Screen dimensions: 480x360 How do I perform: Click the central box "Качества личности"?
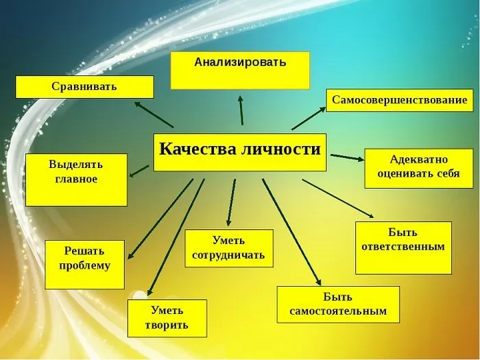[240, 152]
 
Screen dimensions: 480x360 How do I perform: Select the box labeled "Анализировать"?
[240, 71]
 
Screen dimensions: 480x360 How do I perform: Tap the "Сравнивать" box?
[84, 87]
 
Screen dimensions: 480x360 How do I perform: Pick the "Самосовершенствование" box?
[400, 100]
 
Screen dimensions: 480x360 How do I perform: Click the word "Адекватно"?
[419, 160]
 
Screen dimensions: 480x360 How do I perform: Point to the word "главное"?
[76, 179]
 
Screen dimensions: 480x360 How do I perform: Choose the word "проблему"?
[84, 265]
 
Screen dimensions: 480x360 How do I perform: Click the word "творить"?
[167, 324]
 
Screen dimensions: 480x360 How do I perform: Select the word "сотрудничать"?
[228, 255]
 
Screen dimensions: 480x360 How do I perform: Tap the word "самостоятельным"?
[338, 311]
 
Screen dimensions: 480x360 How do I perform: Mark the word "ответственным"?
[403, 246]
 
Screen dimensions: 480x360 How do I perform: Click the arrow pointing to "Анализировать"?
[241, 110]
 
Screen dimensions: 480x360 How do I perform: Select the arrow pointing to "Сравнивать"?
[154, 115]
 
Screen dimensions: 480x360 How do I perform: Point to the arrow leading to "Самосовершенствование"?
[309, 119]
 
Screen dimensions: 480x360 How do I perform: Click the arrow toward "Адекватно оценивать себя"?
[348, 157]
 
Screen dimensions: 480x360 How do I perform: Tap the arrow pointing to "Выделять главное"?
[139, 171]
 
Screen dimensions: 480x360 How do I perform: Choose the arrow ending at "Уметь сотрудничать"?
[231, 203]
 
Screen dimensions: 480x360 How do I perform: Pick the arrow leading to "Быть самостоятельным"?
[291, 232]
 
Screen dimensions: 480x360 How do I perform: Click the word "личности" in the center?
[280, 149]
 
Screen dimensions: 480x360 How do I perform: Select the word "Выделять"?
[76, 165]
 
